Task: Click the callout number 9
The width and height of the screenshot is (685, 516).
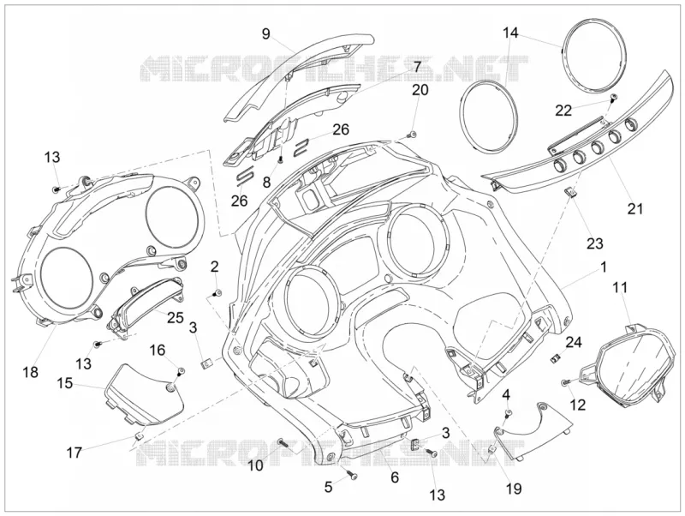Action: tap(266, 33)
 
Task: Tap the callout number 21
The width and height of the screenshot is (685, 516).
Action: tap(635, 208)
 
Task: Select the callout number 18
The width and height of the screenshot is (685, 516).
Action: tap(31, 372)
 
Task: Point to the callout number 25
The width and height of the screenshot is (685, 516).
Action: tap(176, 317)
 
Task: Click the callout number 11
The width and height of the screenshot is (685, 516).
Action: tap(620, 288)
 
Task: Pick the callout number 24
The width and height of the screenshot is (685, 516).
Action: tap(574, 342)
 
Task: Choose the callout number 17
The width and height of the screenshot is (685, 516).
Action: tap(74, 453)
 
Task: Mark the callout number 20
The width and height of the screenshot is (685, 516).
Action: tap(420, 90)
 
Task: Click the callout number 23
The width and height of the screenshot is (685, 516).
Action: tap(594, 243)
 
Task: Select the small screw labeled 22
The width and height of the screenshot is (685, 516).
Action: tap(614, 97)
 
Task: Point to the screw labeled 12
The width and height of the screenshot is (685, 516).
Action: tap(565, 383)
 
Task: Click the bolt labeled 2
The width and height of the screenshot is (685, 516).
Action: tap(217, 293)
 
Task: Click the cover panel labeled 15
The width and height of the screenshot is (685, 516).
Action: tap(144, 394)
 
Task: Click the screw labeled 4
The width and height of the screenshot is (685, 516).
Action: tap(508, 413)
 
